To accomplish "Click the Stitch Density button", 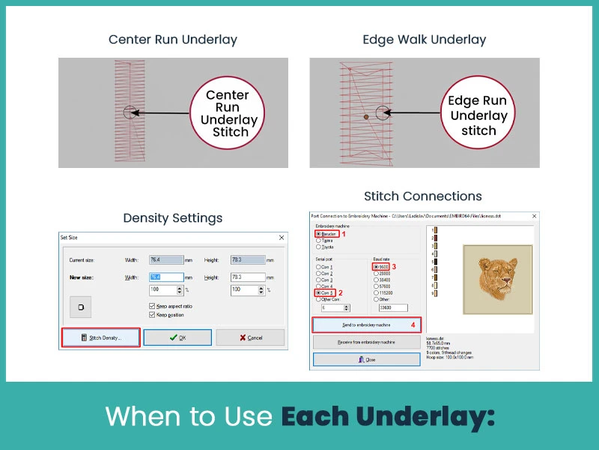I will (x=100, y=338).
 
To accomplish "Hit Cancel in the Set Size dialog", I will (x=250, y=338).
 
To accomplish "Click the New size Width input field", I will (x=165, y=277).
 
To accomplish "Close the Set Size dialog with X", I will (x=282, y=238).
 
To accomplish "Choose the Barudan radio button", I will (x=320, y=234).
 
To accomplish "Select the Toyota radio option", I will (x=320, y=246).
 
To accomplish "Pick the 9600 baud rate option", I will (x=376, y=266).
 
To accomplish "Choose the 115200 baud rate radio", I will (x=376, y=293).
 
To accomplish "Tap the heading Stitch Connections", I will (x=423, y=196).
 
